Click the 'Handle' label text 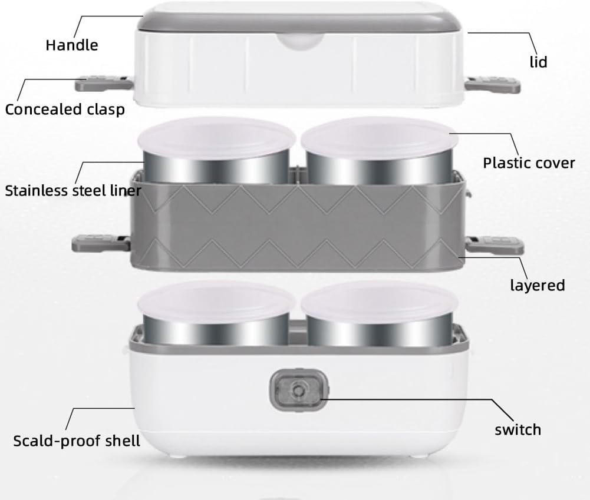pos(72,45)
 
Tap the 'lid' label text pos(539,62)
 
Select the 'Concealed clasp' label pos(65,110)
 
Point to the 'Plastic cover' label pos(529,163)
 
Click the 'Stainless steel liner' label pos(73,191)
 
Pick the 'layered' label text pos(538,286)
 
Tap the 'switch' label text pos(518,430)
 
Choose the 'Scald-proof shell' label pos(77,441)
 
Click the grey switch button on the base pos(299,390)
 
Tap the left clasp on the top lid pos(104,84)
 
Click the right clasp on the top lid pos(493,85)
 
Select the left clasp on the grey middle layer pos(101,243)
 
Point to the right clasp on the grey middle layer pos(495,245)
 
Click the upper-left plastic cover pos(216,138)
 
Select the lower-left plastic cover pos(216,302)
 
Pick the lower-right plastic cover pos(380,302)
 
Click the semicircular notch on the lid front pos(301,41)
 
